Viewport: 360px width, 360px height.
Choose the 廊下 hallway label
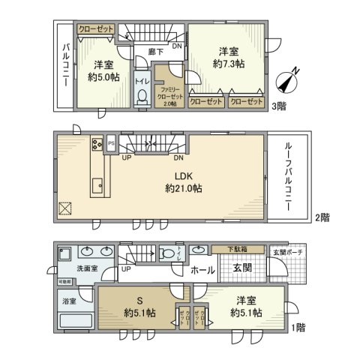[156, 52]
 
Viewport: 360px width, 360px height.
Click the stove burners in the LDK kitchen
[97, 144]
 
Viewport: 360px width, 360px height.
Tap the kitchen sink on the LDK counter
[97, 184]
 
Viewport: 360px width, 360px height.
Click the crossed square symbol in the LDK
[64, 208]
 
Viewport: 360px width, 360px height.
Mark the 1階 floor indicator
[299, 326]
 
